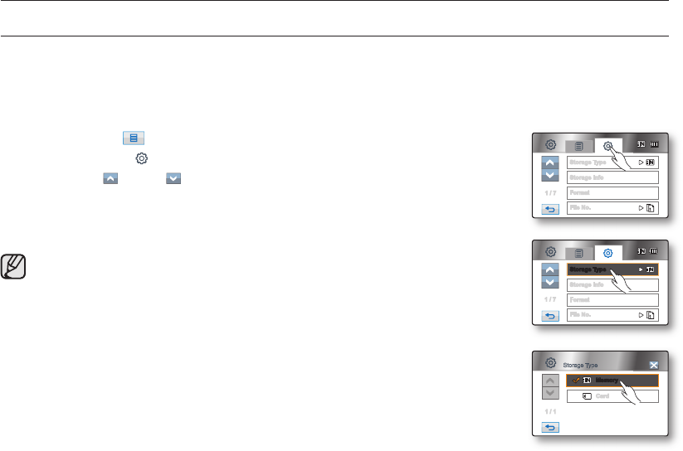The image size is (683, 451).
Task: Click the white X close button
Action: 654,365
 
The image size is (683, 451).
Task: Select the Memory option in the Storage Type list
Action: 612,381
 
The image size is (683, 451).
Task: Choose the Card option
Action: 612,396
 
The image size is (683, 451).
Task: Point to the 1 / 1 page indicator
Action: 549,411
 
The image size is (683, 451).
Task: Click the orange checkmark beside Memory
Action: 576,381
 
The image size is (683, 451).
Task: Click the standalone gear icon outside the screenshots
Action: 142,158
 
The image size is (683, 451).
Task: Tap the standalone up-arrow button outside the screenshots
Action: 110,178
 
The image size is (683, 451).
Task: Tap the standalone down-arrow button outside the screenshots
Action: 173,178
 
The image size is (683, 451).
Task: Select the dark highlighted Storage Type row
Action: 612,269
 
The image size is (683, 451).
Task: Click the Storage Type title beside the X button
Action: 580,365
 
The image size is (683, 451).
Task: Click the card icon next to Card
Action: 587,396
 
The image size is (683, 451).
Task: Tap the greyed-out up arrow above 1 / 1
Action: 549,380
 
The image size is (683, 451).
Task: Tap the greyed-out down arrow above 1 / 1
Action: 549,392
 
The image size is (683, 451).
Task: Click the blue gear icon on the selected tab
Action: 608,253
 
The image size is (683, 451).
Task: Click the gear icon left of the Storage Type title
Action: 549,363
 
